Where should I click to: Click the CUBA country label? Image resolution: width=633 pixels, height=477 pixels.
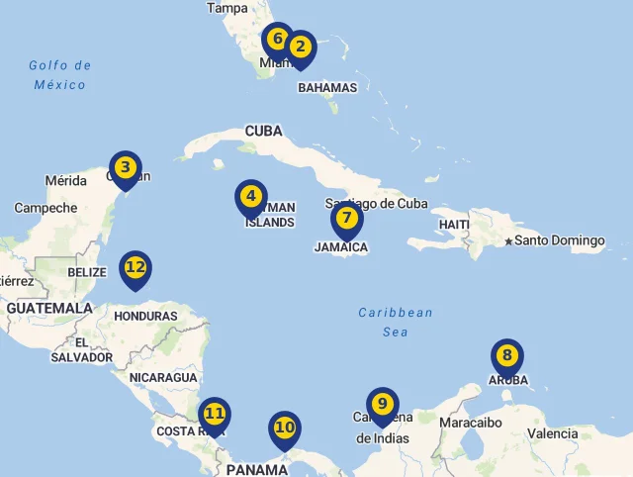tap(264, 131)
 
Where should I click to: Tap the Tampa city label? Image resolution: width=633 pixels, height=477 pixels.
tap(227, 8)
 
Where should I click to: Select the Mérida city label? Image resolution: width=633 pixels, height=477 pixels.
tap(66, 181)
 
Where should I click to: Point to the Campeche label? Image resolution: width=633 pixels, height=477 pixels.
tap(45, 208)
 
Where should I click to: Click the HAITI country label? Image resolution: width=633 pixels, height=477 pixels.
tap(454, 225)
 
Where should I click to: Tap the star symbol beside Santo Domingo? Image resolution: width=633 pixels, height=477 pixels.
tap(508, 240)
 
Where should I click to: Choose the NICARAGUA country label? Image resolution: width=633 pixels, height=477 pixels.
tap(163, 378)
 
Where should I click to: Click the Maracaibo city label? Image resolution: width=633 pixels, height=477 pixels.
tap(471, 423)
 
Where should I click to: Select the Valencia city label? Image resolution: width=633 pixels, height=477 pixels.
tap(553, 433)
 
